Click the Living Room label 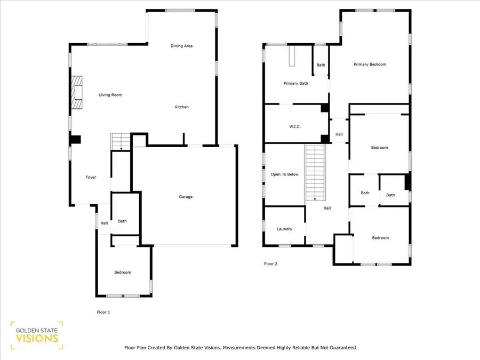[110, 95]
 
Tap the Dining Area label [181, 46]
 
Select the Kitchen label [181, 107]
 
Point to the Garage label [185, 197]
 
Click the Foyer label [91, 177]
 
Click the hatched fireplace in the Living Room [78, 92]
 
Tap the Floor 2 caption [271, 263]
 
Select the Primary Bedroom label [370, 65]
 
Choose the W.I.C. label [295, 126]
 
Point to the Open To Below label [284, 174]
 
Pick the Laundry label [284, 229]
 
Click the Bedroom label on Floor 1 [122, 273]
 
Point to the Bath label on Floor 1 [122, 221]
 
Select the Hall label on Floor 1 [104, 223]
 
